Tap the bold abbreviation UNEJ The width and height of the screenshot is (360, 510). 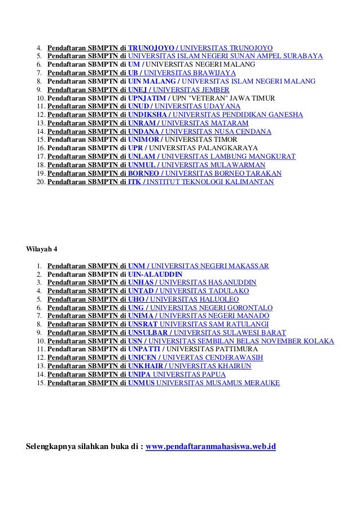coord(138,89)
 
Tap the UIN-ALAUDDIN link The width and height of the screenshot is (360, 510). coord(155,274)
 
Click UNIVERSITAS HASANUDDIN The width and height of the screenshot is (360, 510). coord(208,282)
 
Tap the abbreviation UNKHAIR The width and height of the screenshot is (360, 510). coord(146,365)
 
